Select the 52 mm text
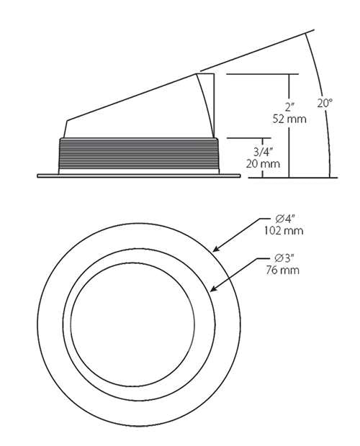pos(289,119)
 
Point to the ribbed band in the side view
pos(137,153)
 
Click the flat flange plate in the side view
pos(137,174)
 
